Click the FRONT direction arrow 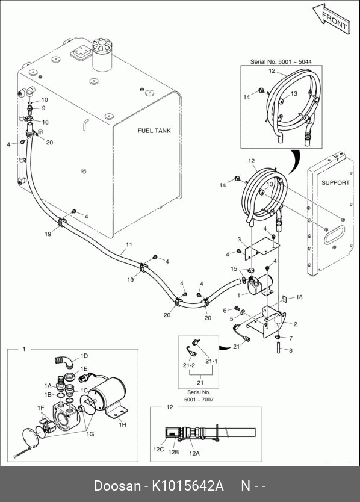click(332, 19)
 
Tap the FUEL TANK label click(154, 131)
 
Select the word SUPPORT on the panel click(335, 183)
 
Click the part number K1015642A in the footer click(187, 486)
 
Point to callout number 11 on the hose click(129, 244)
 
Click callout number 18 click(299, 297)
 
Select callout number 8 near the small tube click(291, 350)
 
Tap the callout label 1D click(84, 356)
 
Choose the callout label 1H click(123, 424)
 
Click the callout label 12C click(158, 450)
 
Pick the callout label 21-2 click(189, 365)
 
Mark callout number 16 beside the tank click(45, 122)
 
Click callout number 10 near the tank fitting click(45, 99)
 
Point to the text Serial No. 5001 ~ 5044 click(281, 62)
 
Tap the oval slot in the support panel click(334, 235)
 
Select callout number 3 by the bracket click(239, 240)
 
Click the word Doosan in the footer click(117, 486)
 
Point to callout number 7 click(291, 338)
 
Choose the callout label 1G click(90, 434)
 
